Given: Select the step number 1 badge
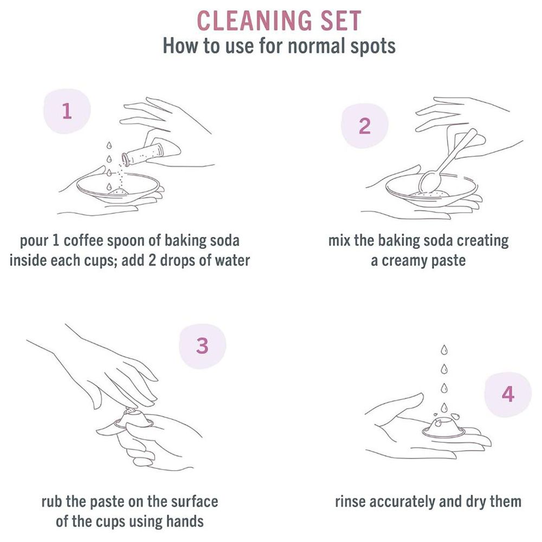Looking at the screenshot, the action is click(67, 111).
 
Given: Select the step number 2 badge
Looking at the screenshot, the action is click(365, 126).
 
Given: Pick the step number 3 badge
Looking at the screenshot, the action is click(203, 346).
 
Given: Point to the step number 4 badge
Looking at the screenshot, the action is click(508, 394).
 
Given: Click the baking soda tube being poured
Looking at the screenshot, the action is click(142, 154).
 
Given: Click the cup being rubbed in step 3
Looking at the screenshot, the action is click(133, 419).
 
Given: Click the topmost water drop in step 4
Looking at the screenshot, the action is click(444, 350).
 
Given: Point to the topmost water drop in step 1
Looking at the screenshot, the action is click(109, 145).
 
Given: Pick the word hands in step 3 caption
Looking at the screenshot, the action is click(185, 521).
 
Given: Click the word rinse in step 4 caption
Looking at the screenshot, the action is click(351, 501).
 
